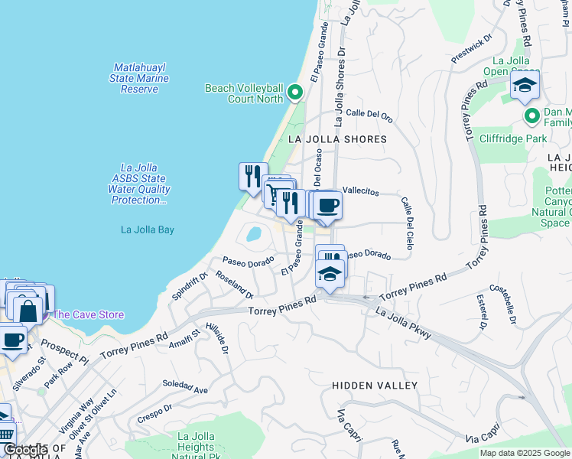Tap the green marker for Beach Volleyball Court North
(296, 94)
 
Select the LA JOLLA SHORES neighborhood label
(337, 139)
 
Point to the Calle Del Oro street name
(369, 114)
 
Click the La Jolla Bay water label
(148, 229)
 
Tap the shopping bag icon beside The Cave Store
(28, 310)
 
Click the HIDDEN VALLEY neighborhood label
(375, 386)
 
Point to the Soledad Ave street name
(184, 387)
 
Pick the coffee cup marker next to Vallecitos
(327, 205)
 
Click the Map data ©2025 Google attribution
(524, 453)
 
